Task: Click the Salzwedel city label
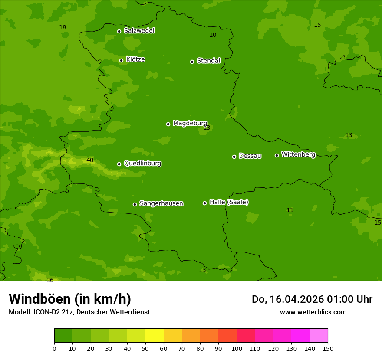tap(139, 31)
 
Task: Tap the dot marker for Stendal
tap(192, 62)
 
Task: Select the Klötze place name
tap(135, 59)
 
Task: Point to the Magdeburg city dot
tap(168, 124)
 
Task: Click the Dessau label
tap(250, 156)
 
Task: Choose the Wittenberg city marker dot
tap(277, 155)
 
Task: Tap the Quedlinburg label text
tap(142, 164)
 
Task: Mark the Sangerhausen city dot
tap(135, 204)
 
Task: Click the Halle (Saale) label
tap(229, 202)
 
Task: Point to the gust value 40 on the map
tap(90, 160)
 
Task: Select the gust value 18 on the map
tap(63, 28)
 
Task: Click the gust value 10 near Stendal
tap(213, 35)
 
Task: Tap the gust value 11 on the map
tap(290, 210)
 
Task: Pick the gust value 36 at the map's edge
tap(50, 280)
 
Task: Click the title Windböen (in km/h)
tap(70, 299)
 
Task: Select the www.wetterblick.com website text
tap(313, 312)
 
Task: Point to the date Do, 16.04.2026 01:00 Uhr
tap(312, 299)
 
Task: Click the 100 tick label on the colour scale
tap(236, 348)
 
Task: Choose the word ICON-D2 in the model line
tap(46, 312)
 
